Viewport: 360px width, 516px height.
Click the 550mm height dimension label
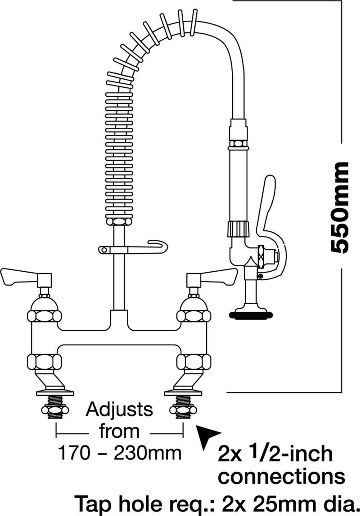(x=339, y=207)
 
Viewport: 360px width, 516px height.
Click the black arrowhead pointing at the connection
(x=208, y=435)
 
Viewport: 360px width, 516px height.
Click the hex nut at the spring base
(x=119, y=222)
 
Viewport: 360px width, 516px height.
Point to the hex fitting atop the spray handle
(x=238, y=144)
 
